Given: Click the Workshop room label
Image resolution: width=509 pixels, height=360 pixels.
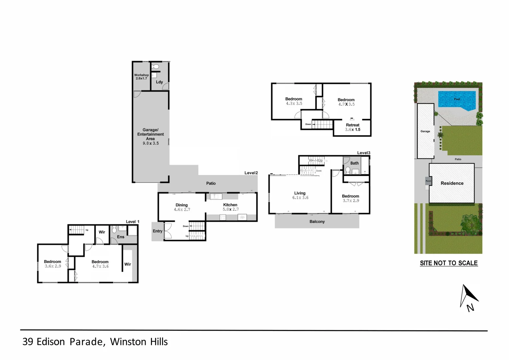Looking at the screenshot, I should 141,75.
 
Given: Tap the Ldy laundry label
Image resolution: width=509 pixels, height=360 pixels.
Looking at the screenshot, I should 159,82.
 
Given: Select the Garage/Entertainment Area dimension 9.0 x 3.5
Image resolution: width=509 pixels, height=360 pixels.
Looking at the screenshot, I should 151,143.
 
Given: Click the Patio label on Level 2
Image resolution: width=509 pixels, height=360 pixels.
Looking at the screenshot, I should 211,183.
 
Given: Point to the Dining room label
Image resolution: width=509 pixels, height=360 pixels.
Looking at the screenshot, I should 182,205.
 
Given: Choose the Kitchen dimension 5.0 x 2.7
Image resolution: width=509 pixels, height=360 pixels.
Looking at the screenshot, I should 230,209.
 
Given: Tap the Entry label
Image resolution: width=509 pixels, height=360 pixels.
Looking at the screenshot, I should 157,231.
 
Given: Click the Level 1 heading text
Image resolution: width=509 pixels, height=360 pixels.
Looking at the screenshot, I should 132,222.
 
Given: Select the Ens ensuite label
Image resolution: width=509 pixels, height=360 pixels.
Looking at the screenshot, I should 121,237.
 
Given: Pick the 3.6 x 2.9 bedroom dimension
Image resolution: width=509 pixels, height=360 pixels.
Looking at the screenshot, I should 53,266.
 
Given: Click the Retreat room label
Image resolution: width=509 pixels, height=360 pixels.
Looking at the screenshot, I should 352,125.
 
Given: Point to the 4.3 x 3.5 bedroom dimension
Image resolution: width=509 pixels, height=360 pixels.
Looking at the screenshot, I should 294,104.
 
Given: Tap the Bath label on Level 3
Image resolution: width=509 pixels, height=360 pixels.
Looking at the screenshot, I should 354,163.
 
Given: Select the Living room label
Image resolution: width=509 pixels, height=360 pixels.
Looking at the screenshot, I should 300,193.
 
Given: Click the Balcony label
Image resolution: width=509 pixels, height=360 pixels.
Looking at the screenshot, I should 317,222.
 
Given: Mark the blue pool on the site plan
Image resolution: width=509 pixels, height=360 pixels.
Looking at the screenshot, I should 457,100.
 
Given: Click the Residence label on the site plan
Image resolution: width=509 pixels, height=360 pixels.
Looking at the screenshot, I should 452,183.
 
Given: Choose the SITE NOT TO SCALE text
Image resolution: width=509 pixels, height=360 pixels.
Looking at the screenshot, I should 449,263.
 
